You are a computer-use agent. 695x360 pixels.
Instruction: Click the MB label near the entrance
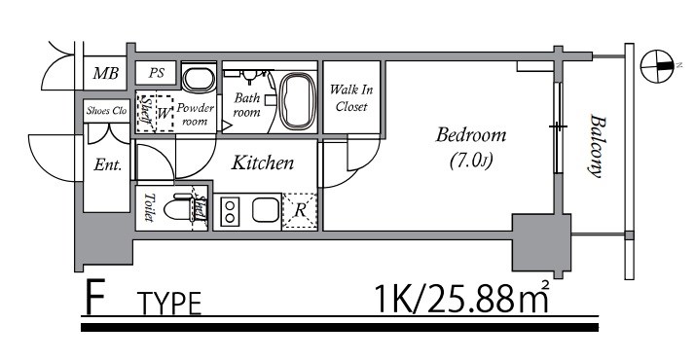tap(105, 73)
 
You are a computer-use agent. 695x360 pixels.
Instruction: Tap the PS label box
tap(156, 73)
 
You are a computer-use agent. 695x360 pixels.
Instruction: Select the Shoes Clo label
tap(106, 111)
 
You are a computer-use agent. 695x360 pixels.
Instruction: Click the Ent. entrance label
tap(108, 165)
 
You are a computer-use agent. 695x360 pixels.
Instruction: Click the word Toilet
tap(149, 207)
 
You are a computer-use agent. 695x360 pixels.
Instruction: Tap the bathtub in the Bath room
tap(298, 101)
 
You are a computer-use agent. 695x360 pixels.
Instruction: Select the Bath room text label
tap(247, 105)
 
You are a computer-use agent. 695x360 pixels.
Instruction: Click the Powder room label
tap(195, 114)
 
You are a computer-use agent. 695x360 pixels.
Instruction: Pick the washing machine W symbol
tap(164, 114)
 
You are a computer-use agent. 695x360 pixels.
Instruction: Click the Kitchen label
tap(263, 162)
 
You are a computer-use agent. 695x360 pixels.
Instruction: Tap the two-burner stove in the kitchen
tap(230, 211)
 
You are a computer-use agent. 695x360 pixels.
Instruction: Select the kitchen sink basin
tap(266, 210)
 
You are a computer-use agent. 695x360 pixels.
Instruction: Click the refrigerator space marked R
tap(300, 211)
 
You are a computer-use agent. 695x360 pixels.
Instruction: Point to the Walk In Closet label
tap(351, 98)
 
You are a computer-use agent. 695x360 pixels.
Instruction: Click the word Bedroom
tap(471, 135)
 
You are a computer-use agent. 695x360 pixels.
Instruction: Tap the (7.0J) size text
tap(471, 162)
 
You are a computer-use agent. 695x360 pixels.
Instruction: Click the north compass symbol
tap(657, 66)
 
